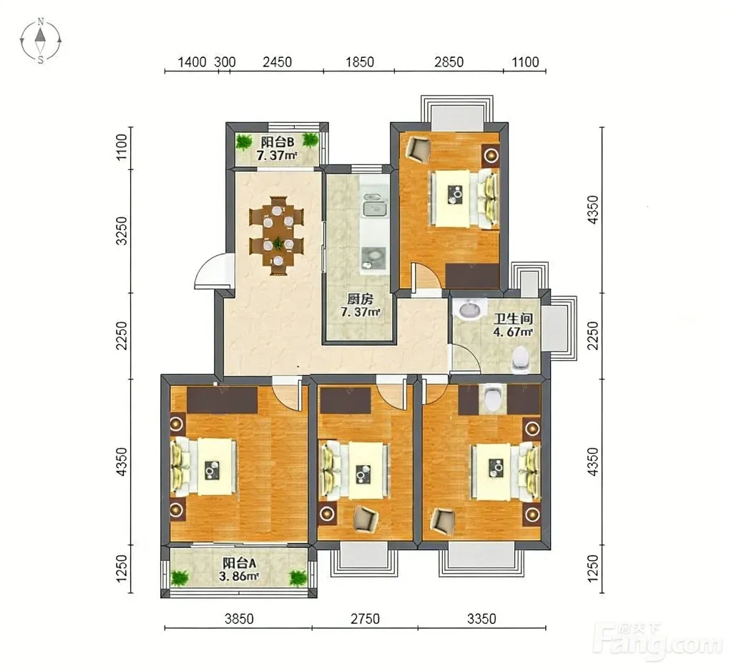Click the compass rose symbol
point(41,41)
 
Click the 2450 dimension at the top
point(277,61)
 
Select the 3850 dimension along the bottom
point(239,618)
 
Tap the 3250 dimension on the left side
point(122,231)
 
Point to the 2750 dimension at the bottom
point(365,618)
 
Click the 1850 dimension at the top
point(359,61)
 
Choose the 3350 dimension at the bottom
point(481,618)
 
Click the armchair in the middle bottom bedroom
point(366,519)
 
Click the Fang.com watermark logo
point(660,640)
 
